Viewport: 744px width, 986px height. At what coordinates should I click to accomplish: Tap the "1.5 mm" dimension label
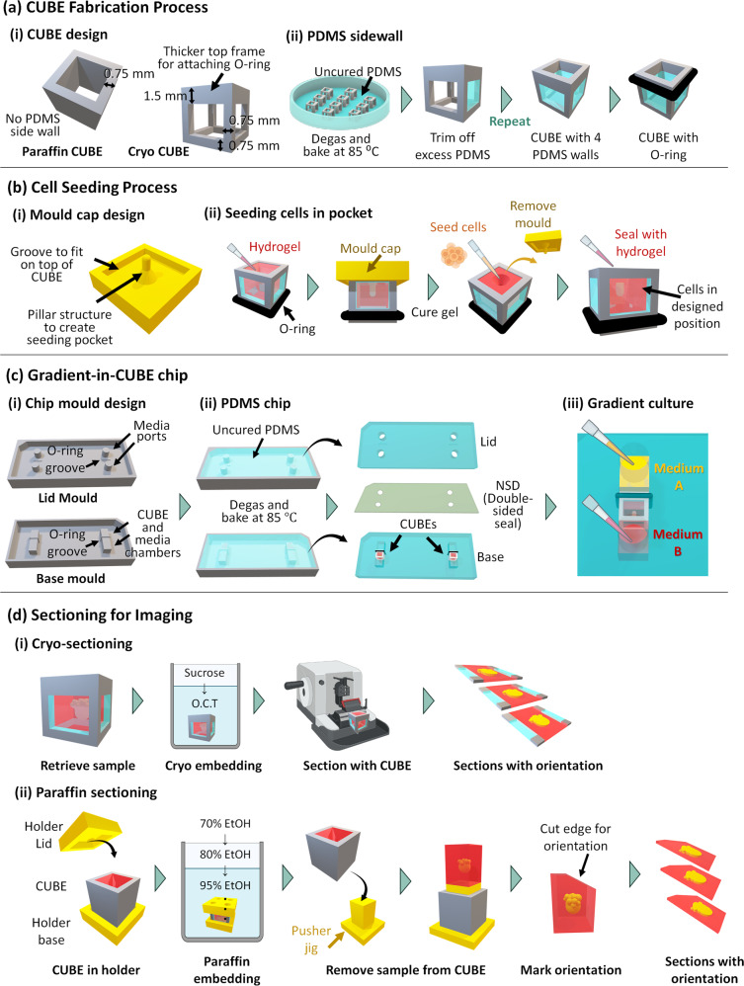pyautogui.click(x=157, y=96)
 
